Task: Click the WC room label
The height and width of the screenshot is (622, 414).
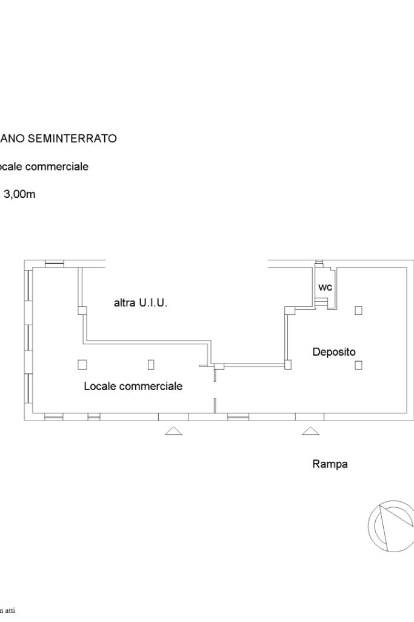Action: click(x=326, y=288)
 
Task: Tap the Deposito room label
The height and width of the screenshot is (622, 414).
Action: click(x=334, y=351)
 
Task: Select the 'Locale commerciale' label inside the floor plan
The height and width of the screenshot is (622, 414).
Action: click(x=133, y=386)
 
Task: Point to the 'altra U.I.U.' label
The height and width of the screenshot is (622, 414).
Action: click(x=141, y=302)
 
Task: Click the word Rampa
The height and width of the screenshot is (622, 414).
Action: click(x=330, y=464)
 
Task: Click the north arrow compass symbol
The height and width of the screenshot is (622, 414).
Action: click(x=391, y=526)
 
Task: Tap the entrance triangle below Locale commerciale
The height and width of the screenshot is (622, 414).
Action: click(x=174, y=431)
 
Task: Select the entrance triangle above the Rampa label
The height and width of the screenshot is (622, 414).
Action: click(x=310, y=431)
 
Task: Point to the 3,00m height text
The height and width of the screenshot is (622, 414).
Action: click(x=19, y=194)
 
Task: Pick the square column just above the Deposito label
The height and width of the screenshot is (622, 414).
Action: click(x=358, y=310)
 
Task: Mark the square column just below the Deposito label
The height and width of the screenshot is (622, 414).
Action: click(x=358, y=365)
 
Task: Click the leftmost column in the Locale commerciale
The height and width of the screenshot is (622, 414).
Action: click(x=82, y=365)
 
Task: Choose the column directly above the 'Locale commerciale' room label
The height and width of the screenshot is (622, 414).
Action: click(x=151, y=365)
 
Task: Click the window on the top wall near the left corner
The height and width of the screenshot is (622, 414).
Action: click(x=55, y=263)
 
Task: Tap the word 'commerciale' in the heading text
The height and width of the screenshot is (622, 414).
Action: click(x=59, y=166)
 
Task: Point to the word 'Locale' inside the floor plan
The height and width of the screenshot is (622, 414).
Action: click(x=98, y=386)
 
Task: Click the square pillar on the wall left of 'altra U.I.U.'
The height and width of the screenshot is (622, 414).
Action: click(x=82, y=311)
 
